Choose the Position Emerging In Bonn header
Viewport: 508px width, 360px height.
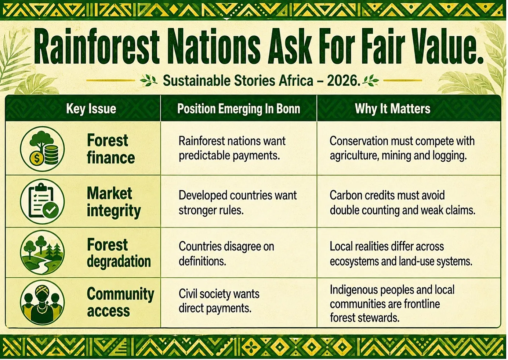pyautogui.click(x=239, y=109)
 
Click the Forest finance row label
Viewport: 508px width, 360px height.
pyautogui.click(x=111, y=149)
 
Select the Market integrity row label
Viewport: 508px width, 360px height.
pyautogui.click(x=114, y=202)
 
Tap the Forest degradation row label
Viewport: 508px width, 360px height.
pyautogui.click(x=119, y=253)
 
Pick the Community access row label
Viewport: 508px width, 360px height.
pyautogui.click(x=120, y=302)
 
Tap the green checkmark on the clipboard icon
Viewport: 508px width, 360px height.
pyautogui.click(x=51, y=210)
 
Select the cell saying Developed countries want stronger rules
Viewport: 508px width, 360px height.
pyautogui.click(x=237, y=203)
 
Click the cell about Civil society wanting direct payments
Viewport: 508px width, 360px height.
pyautogui.click(x=219, y=301)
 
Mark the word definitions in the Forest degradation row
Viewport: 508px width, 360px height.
pyautogui.click(x=202, y=261)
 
